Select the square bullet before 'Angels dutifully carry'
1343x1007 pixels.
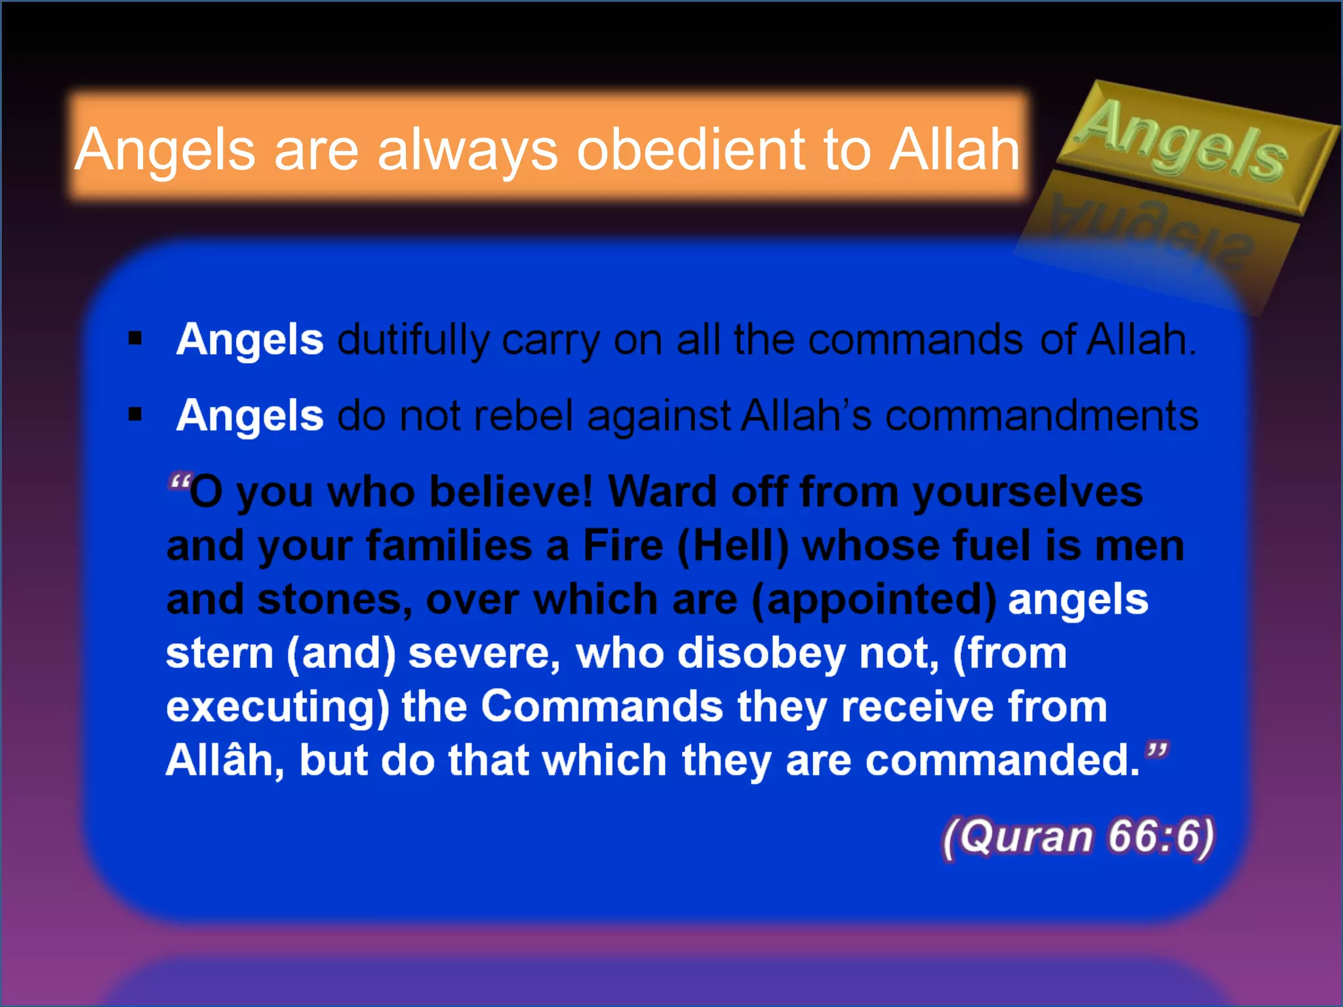click(x=136, y=339)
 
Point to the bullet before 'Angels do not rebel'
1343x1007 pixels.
click(x=136, y=414)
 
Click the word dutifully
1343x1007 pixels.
click(x=413, y=341)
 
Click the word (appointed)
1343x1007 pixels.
click(x=873, y=601)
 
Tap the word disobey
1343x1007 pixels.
click(x=761, y=654)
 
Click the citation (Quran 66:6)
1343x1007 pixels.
click(x=1078, y=837)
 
